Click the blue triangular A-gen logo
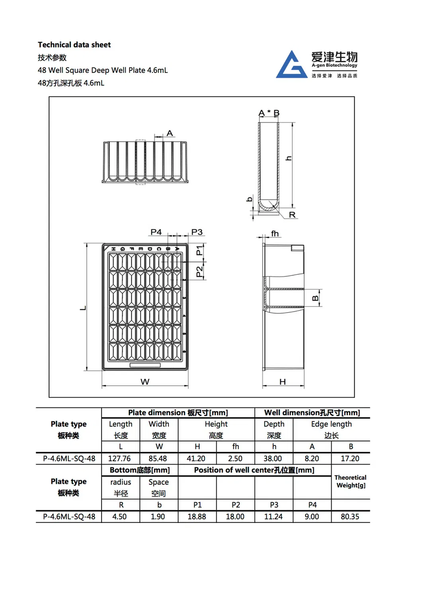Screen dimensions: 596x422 point(292,66)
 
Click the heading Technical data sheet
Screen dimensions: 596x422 point(74,45)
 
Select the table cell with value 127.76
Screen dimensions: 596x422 point(119,458)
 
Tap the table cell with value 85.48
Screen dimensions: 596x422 point(158,458)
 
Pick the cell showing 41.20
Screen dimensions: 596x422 point(196,458)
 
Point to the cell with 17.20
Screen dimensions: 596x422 point(350,458)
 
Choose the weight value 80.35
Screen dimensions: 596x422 point(350,516)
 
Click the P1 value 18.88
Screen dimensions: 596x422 point(197,516)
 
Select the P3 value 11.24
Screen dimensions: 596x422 point(274,516)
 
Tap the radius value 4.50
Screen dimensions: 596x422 point(119,516)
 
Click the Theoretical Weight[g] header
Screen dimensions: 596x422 point(350,481)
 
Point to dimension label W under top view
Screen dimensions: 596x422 point(145,382)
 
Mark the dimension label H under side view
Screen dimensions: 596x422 point(283,382)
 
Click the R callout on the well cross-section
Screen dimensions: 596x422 point(292,215)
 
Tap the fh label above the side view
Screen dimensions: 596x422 point(275,233)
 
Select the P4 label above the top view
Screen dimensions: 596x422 point(156,232)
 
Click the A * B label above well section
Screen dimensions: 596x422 point(269,113)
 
